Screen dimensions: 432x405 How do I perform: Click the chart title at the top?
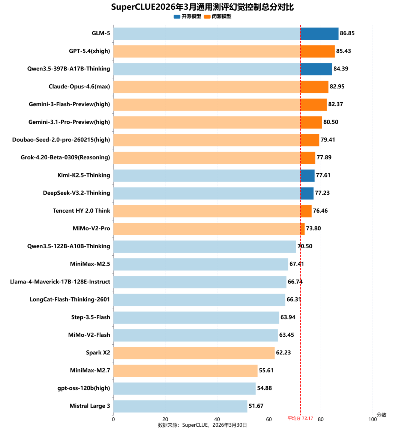(202, 7)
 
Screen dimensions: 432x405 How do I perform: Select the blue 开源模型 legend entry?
(187, 16)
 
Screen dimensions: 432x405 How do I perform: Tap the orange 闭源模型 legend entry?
(218, 16)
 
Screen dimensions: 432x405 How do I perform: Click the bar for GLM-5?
(226, 33)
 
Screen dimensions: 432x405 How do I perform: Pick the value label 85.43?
(343, 51)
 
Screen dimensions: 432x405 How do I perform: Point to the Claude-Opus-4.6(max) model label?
(79, 87)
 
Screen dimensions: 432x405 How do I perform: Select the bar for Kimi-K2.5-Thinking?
(214, 175)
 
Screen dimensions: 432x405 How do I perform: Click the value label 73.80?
(313, 228)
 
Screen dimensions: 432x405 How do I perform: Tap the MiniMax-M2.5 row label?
(90, 264)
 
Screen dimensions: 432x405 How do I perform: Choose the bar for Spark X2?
(194, 353)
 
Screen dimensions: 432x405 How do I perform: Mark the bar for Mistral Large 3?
(180, 406)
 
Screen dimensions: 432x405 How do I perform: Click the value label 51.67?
(256, 406)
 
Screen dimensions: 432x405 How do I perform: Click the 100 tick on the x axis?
(372, 419)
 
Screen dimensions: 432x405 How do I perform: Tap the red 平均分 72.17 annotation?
(300, 418)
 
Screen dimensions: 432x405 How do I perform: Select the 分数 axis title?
(381, 415)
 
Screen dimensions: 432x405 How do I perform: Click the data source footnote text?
(202, 425)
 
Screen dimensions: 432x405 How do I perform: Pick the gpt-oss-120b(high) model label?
(84, 388)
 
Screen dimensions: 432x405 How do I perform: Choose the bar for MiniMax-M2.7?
(186, 370)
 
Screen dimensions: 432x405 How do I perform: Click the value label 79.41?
(328, 140)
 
